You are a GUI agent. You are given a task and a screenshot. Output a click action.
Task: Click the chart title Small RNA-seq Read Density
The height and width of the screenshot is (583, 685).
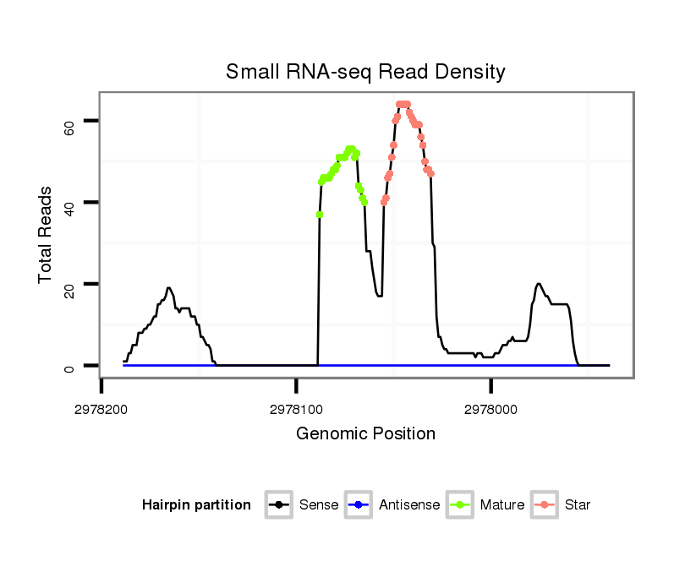tap(365, 72)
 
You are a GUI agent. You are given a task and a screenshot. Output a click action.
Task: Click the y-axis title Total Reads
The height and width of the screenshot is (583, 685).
tap(47, 235)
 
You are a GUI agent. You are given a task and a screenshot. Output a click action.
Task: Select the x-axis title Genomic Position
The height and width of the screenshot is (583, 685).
tap(365, 434)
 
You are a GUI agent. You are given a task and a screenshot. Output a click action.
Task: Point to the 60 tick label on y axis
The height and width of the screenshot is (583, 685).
tap(70, 127)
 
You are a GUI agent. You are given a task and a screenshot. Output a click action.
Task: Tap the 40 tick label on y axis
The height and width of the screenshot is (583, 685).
tap(70, 204)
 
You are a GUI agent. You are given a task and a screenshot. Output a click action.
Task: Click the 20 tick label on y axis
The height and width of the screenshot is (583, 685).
tap(70, 285)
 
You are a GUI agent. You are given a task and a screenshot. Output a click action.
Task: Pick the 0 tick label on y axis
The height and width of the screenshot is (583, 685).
tap(70, 367)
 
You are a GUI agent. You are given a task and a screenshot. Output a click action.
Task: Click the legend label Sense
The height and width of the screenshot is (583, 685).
tap(319, 505)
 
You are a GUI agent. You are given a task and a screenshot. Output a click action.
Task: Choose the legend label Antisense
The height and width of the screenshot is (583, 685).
tap(409, 505)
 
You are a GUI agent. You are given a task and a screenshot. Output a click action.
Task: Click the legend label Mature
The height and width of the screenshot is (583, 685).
tap(502, 505)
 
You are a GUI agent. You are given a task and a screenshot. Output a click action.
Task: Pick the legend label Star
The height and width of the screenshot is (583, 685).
tap(578, 505)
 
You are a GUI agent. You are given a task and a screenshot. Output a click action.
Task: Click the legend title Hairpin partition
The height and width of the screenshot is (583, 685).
tap(196, 505)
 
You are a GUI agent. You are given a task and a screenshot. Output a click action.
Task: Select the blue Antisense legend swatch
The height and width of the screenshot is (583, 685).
tap(359, 505)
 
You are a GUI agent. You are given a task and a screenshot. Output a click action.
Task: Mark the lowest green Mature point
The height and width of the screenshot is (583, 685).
tap(320, 215)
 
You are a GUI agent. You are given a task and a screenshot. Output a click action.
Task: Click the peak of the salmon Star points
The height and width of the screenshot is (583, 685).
tap(403, 104)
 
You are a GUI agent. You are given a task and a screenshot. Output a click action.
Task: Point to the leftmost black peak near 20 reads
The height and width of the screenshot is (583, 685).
tap(168, 288)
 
